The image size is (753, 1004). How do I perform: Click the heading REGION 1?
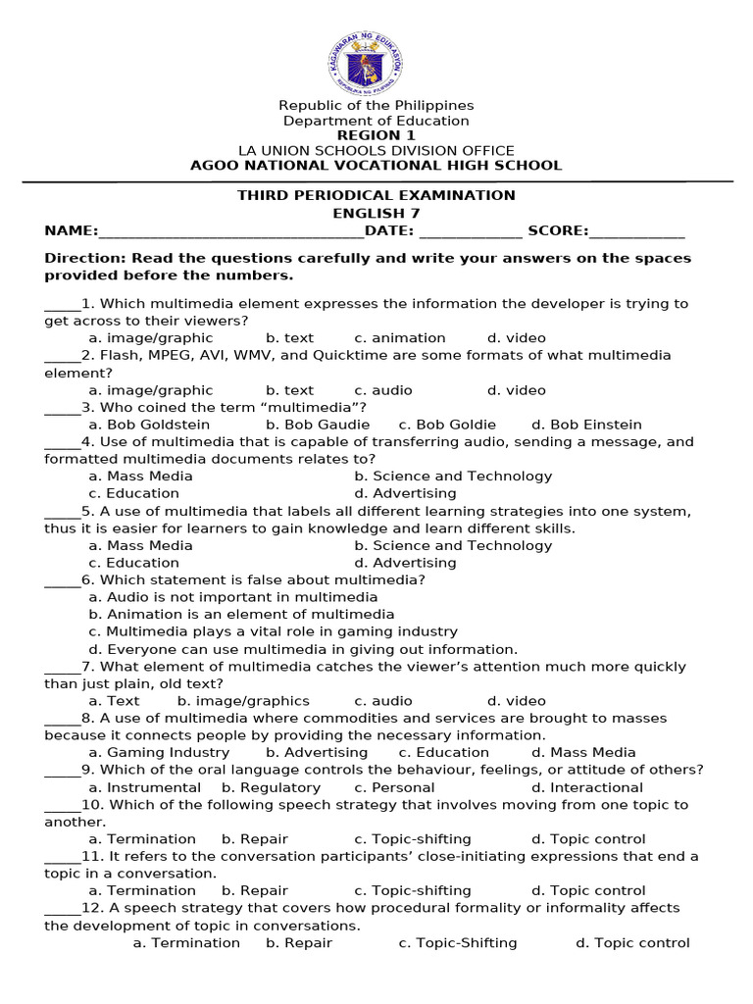point(376,135)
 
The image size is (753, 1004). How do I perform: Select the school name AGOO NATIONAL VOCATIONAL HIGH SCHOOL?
point(376,165)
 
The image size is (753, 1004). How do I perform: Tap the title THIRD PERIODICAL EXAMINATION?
point(376,195)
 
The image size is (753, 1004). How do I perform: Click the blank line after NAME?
point(231,231)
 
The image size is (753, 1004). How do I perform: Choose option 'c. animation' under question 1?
point(400,338)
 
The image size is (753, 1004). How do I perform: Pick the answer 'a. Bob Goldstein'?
point(149,425)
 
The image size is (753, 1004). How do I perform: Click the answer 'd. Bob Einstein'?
point(586,425)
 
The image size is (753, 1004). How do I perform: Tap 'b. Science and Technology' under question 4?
point(453,477)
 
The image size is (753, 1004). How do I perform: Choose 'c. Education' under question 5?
point(133,563)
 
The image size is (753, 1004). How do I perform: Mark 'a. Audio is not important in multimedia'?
point(232,597)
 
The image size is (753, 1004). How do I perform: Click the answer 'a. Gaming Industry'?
point(159,753)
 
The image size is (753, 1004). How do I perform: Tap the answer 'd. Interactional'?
point(586,787)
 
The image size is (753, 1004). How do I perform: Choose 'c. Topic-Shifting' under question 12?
point(458,943)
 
